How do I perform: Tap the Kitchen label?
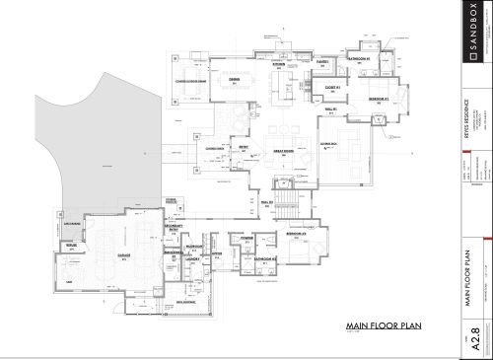(279, 65)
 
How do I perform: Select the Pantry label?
(322, 62)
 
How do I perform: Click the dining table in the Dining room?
(236, 92)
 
